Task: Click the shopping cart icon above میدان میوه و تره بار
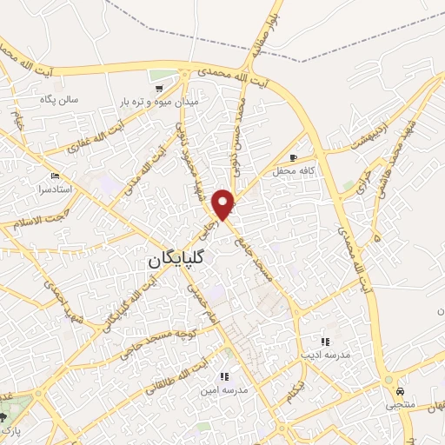[x=157, y=89]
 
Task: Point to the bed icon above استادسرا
[x=55, y=176]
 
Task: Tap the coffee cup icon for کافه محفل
[x=293, y=156]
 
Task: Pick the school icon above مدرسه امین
[x=223, y=376]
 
